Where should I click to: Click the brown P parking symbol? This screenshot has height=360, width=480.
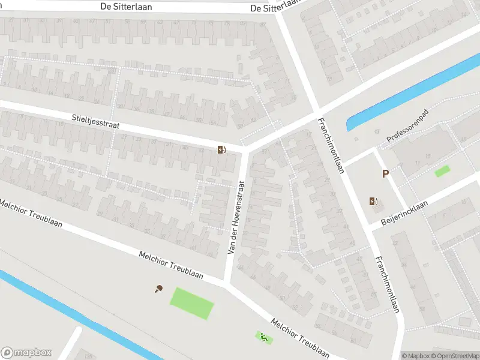pos(386,174)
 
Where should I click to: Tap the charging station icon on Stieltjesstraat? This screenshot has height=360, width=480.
pos(221,150)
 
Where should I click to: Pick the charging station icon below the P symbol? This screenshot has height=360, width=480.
pos(375,202)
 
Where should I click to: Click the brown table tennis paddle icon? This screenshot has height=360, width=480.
pos(158,289)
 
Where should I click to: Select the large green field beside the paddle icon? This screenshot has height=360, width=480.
pos(192,303)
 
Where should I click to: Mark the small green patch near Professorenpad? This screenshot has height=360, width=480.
pos(442,171)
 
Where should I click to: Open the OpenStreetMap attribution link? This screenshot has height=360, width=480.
pos(456,356)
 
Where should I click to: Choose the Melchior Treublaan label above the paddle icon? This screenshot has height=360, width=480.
pos(171,265)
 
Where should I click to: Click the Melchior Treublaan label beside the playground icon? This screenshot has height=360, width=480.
pos(300,338)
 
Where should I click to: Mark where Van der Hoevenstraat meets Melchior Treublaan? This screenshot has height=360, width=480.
pos(226,283)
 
